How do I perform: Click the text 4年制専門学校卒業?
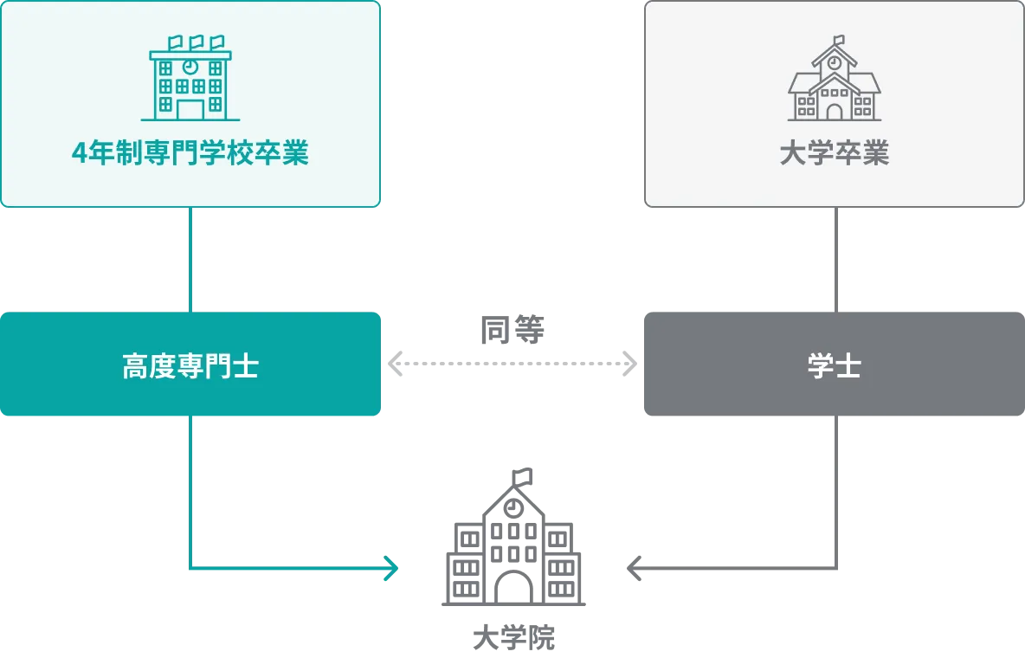point(190,153)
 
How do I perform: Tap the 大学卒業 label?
point(834,153)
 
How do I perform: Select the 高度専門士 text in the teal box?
point(190,366)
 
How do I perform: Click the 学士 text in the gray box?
point(834,366)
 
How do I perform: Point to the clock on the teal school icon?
point(190,66)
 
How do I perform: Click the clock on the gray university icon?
point(834,62)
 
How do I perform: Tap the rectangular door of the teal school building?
point(190,109)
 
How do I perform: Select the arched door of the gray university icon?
point(834,111)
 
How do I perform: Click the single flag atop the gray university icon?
point(839,40)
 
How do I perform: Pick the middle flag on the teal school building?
point(196,42)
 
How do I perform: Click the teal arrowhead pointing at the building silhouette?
point(392,568)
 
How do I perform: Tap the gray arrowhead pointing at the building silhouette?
point(632,568)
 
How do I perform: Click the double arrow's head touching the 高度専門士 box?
point(398,364)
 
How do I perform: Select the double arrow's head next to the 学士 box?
point(627,364)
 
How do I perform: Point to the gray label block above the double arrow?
point(512,329)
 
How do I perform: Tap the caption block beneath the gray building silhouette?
point(515,639)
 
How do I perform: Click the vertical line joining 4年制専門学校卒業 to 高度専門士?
point(190,260)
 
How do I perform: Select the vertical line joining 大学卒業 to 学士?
point(834,260)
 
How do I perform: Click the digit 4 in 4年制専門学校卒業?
point(80,154)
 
